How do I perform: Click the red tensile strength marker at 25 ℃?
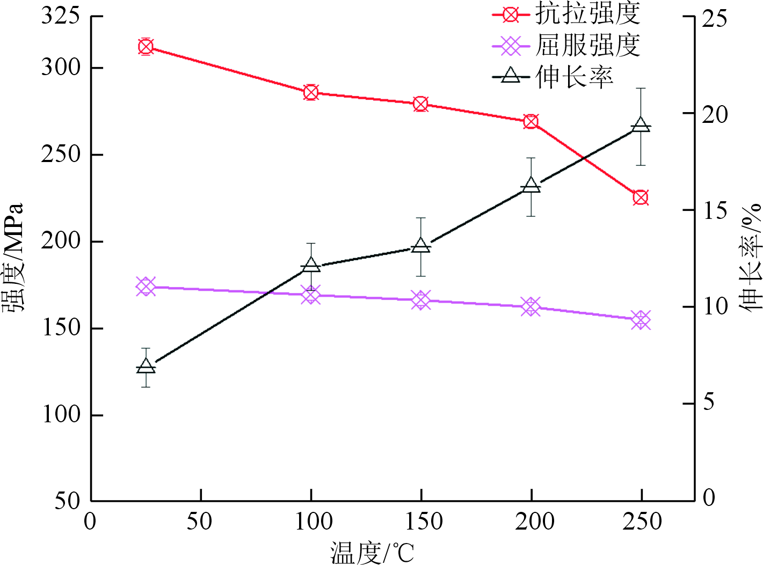pyautogui.click(x=146, y=47)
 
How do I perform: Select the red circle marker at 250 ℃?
pyautogui.click(x=640, y=197)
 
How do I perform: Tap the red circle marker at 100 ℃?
pyautogui.click(x=310, y=93)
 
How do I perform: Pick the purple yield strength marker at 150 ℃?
pyautogui.click(x=421, y=300)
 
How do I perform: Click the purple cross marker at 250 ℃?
pyautogui.click(x=641, y=320)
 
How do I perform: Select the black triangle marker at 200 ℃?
pyautogui.click(x=531, y=185)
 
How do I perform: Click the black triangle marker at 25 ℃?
pyautogui.click(x=146, y=366)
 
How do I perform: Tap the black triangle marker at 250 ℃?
pyautogui.click(x=640, y=125)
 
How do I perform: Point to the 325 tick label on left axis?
pyautogui.click(x=61, y=16)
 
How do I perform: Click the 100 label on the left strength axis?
pyautogui.click(x=61, y=415)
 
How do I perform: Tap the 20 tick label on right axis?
pyautogui.click(x=715, y=114)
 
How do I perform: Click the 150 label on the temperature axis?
pyautogui.click(x=422, y=522)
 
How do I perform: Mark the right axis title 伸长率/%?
pyautogui.click(x=750, y=256)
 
